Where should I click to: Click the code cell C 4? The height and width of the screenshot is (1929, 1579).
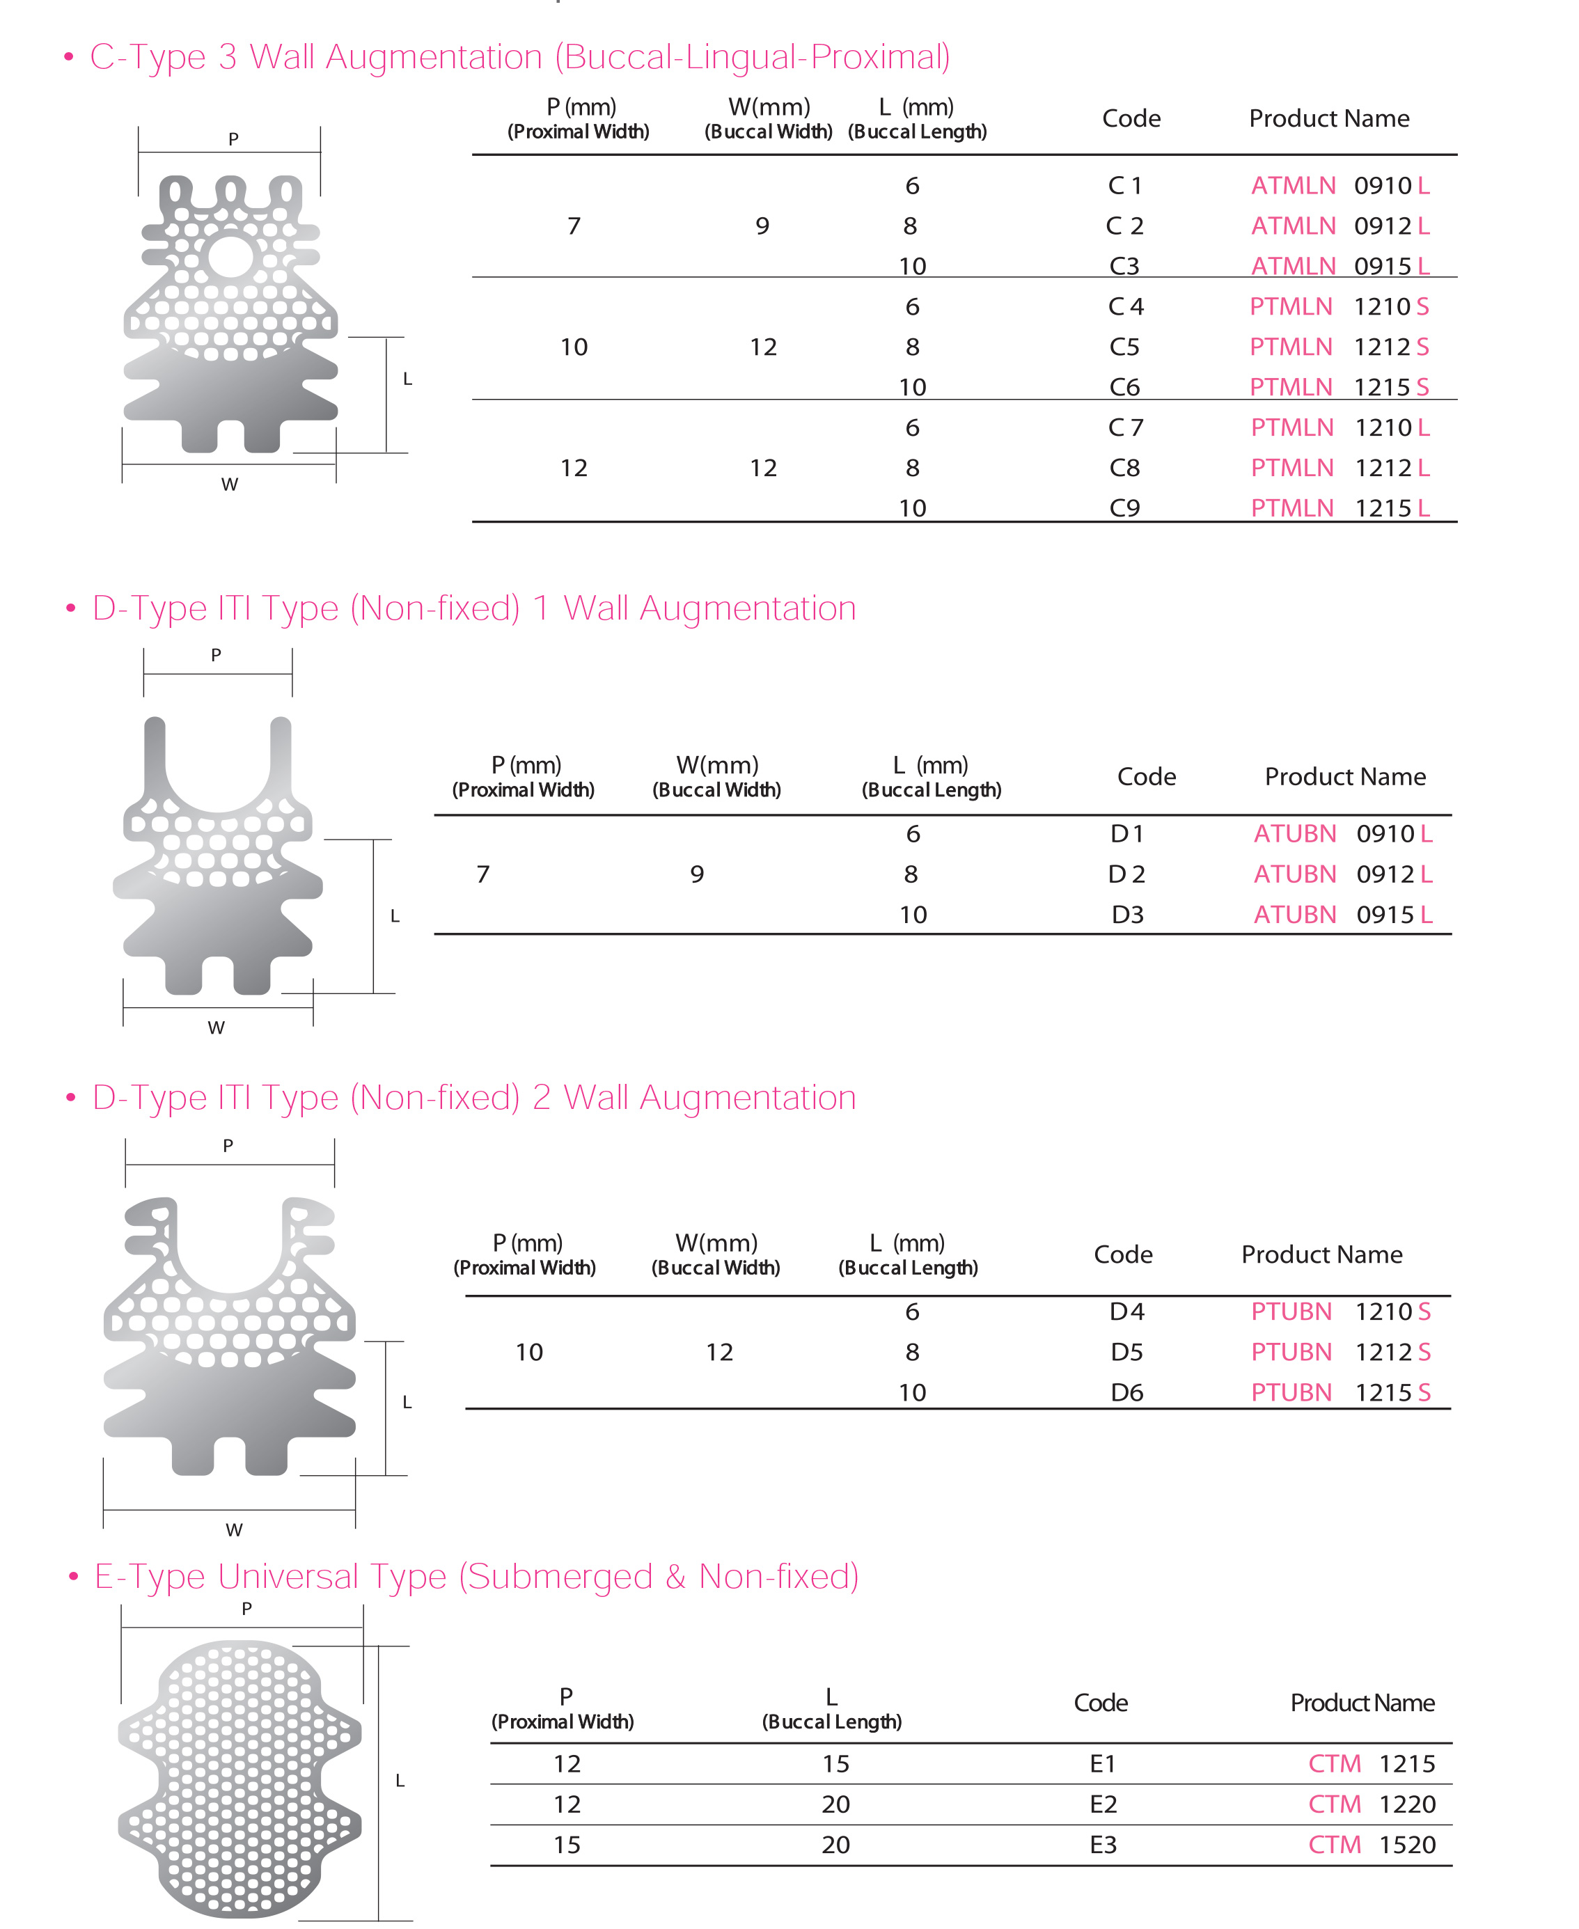click(x=1125, y=306)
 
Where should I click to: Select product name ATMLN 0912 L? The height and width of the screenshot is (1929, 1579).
click(x=1339, y=226)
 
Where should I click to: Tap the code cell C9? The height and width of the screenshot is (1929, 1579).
click(x=1124, y=507)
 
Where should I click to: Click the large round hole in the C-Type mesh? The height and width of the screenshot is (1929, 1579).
click(x=230, y=255)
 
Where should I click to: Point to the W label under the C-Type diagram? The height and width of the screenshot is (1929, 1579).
click(x=230, y=485)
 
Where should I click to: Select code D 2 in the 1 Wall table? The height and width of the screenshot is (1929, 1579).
click(x=1126, y=874)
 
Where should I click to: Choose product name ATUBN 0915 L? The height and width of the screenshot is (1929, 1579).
click(x=1342, y=914)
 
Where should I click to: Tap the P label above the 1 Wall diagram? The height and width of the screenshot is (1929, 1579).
click(x=216, y=655)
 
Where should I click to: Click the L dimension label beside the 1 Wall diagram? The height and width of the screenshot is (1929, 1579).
click(x=395, y=916)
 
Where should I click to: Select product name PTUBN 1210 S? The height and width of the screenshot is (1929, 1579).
click(x=1340, y=1312)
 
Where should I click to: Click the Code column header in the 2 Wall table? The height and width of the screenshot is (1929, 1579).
click(x=1122, y=1254)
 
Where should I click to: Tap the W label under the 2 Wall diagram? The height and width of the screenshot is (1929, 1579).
click(x=234, y=1529)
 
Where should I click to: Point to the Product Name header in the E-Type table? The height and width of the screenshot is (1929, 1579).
click(x=1362, y=1703)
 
